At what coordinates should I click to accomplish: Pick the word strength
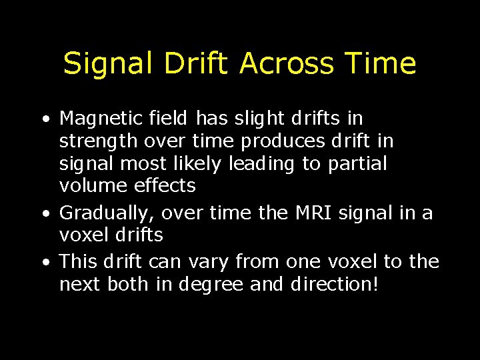pos(96,142)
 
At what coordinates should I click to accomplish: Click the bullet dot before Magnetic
pos(44,121)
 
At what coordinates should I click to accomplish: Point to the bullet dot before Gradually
pos(44,215)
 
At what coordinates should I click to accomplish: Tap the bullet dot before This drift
pos(44,263)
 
